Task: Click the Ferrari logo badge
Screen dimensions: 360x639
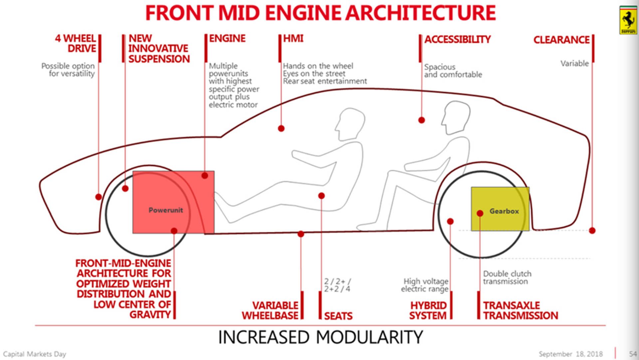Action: [628, 20]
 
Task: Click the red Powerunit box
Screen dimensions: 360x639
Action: [173, 202]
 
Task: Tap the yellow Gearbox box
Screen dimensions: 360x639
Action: [500, 209]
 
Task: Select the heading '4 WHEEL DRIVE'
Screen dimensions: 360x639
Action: [76, 43]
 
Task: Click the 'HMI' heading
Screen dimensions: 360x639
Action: [293, 39]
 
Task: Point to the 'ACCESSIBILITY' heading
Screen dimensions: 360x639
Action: [457, 40]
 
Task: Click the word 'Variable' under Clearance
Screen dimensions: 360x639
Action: [574, 63]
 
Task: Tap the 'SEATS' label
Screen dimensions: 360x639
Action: [338, 316]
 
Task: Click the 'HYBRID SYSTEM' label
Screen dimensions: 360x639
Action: [428, 310]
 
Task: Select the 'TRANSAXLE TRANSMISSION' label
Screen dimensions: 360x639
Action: [520, 310]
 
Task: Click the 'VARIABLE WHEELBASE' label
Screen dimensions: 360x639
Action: [270, 310]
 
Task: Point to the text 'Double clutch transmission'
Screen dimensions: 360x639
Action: [507, 277]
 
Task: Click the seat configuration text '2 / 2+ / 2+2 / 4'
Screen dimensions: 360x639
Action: [337, 285]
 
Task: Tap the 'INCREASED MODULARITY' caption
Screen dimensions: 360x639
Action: [320, 337]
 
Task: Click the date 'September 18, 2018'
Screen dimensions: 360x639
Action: [570, 354]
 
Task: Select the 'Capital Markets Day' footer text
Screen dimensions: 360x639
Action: [35, 354]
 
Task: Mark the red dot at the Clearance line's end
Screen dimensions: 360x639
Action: [592, 230]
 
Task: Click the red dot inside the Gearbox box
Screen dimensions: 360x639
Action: [480, 213]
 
